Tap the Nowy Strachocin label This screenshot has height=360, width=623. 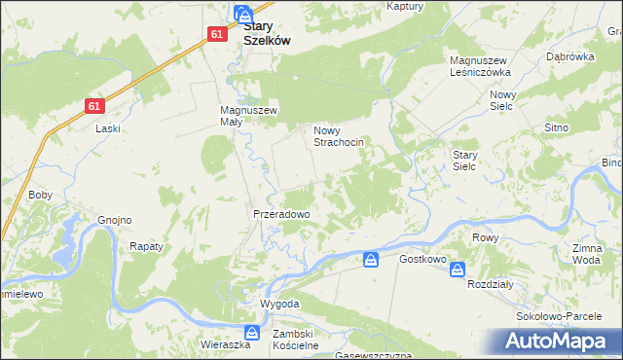click(x=339, y=136)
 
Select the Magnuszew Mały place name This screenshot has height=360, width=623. click(x=249, y=117)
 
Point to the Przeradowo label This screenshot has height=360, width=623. click(x=281, y=214)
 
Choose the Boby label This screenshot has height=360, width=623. click(x=40, y=195)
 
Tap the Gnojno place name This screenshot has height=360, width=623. click(x=114, y=220)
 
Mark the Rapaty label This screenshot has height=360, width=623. click(x=146, y=247)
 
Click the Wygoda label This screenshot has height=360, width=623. click(x=279, y=304)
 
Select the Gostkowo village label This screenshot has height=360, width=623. click(x=422, y=260)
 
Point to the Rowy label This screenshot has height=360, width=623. click(x=485, y=237)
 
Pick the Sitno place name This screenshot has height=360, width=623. click(x=556, y=127)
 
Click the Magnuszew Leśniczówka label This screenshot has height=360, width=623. click(x=480, y=66)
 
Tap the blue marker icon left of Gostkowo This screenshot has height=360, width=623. click(x=371, y=260)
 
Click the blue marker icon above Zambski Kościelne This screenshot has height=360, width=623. click(x=252, y=333)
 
